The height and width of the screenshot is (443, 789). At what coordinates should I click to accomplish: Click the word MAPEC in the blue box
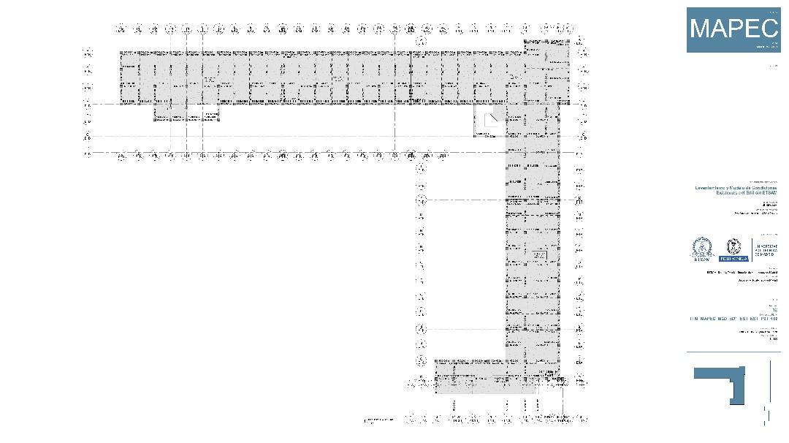click(x=733, y=29)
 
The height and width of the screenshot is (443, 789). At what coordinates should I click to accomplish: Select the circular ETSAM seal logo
click(x=702, y=249)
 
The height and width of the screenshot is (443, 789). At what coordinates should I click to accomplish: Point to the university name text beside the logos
click(x=766, y=249)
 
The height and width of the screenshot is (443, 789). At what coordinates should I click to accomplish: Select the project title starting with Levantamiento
click(x=736, y=190)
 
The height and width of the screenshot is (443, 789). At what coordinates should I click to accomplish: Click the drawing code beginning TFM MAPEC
click(x=734, y=319)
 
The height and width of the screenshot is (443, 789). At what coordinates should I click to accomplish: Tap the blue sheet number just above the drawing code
click(x=774, y=311)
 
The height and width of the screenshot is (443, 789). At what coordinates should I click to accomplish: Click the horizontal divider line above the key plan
click(x=733, y=352)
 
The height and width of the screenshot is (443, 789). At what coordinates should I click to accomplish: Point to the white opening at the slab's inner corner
click(x=489, y=122)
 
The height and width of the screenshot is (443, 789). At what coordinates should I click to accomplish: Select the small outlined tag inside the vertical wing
click(x=540, y=255)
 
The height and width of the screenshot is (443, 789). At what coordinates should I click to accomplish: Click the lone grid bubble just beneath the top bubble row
click(x=421, y=42)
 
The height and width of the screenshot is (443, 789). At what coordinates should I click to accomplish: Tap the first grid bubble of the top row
click(x=121, y=29)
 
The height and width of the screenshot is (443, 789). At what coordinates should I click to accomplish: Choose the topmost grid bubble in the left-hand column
click(x=88, y=53)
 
